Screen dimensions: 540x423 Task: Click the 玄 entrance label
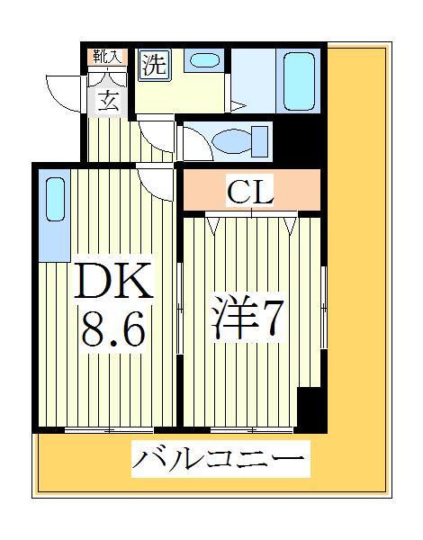tap(108, 100)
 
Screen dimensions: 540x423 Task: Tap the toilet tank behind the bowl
tap(262, 141)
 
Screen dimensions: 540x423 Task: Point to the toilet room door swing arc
tap(193, 144)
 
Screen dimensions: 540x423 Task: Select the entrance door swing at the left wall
tap(65, 90)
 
